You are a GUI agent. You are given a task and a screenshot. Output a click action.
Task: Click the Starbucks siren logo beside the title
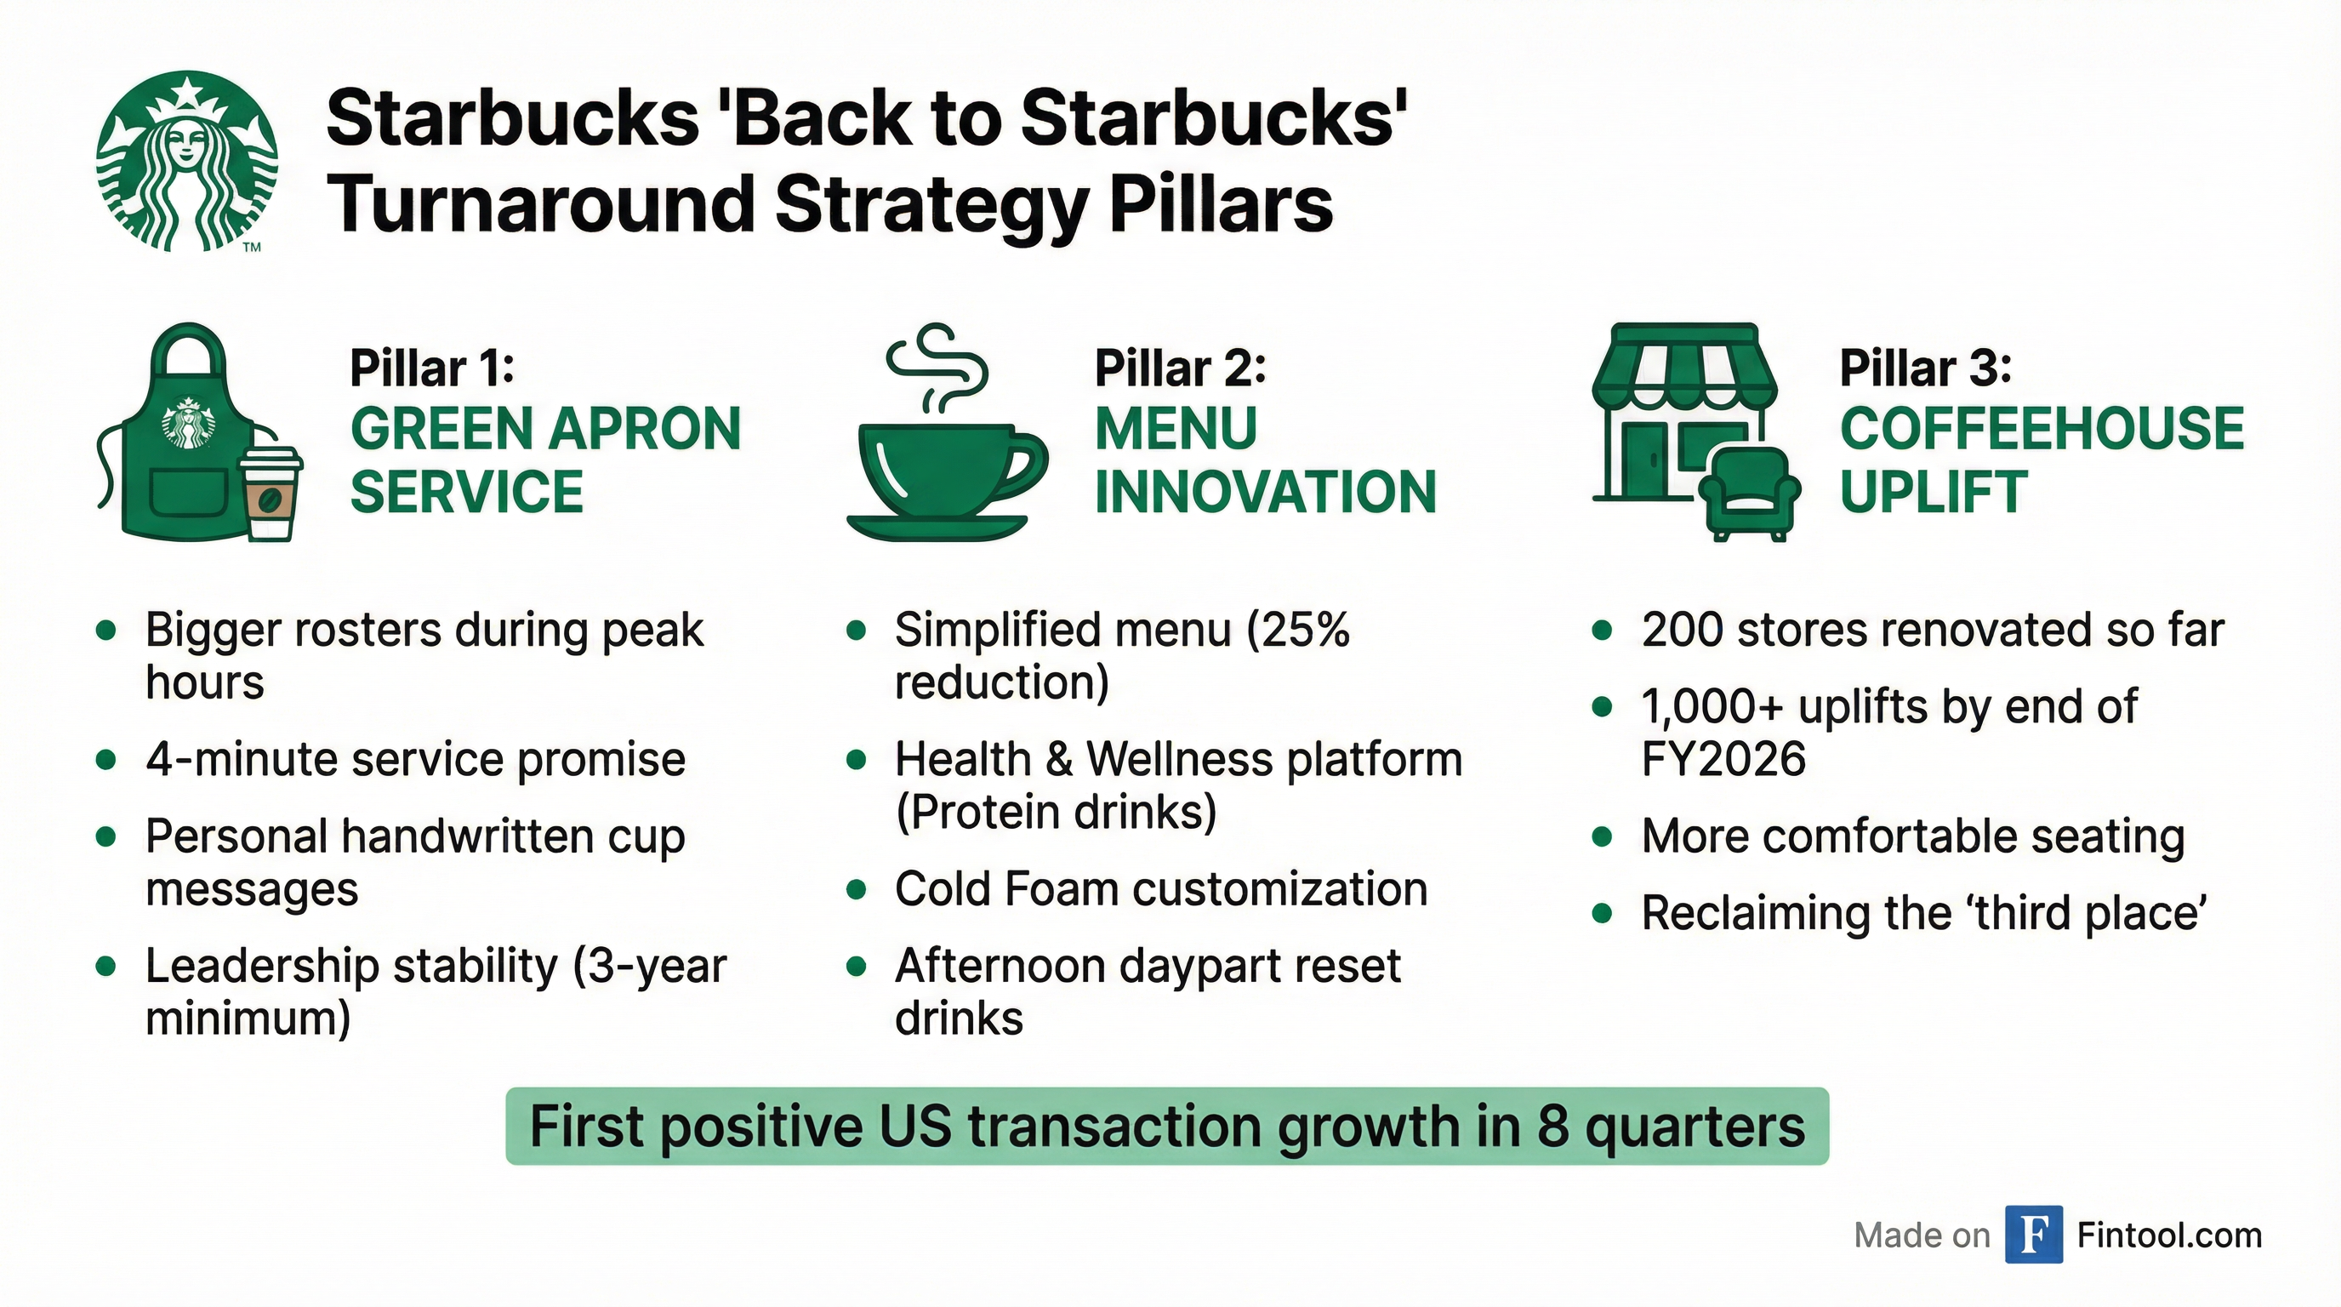click(x=187, y=161)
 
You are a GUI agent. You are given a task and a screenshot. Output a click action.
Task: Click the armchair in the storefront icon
click(x=1747, y=494)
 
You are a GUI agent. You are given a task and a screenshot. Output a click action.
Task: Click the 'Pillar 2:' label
click(x=1180, y=368)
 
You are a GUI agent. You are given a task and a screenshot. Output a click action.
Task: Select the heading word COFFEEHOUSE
click(x=2041, y=429)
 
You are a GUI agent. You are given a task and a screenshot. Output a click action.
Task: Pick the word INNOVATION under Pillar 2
click(x=1265, y=493)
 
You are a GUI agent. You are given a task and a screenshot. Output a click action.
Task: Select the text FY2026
click(x=1723, y=759)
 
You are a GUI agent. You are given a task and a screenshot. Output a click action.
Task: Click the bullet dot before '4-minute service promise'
click(x=107, y=759)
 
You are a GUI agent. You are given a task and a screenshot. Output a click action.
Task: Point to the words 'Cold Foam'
click(x=1006, y=889)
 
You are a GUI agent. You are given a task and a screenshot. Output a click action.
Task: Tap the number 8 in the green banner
click(x=1552, y=1127)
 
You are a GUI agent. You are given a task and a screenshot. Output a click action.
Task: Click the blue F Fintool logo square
click(x=2033, y=1235)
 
